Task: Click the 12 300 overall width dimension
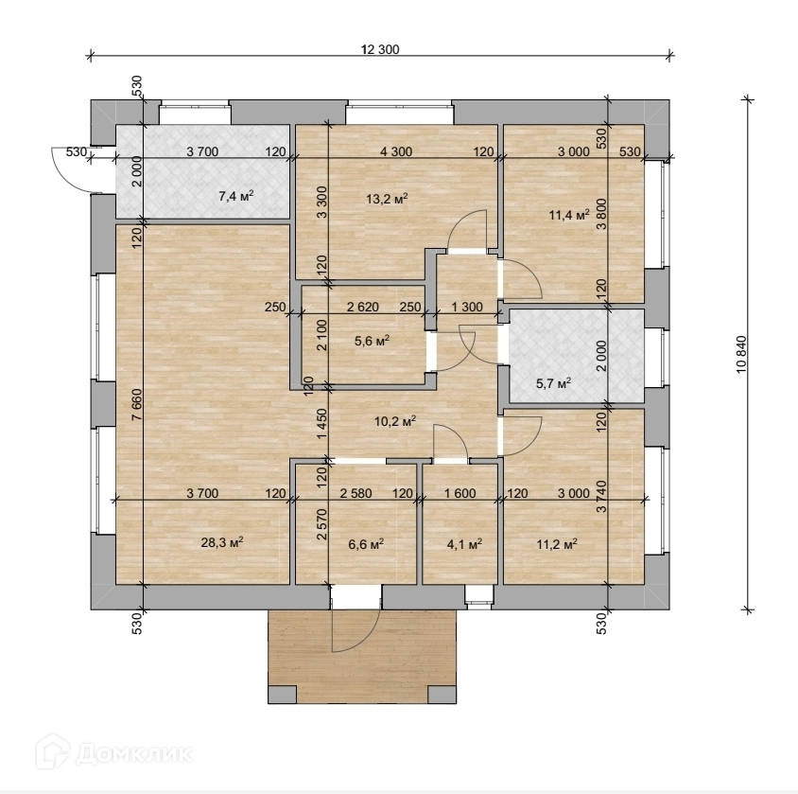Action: click(380, 49)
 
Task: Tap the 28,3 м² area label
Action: click(222, 542)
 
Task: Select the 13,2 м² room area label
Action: click(387, 198)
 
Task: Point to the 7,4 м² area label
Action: click(236, 196)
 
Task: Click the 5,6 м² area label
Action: click(372, 340)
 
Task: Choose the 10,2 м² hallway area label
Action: click(395, 421)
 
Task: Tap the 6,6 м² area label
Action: click(366, 544)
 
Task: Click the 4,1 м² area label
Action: click(464, 544)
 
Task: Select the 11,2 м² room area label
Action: click(557, 544)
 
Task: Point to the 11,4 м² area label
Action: click(569, 215)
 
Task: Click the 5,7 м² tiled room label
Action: click(554, 383)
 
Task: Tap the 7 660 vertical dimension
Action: click(137, 405)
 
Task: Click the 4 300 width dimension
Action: click(396, 151)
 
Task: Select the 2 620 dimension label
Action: click(363, 308)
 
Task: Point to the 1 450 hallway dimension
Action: click(321, 425)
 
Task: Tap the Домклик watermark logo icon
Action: click(53, 751)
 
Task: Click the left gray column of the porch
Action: click(282, 695)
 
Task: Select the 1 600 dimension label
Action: click(460, 493)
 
